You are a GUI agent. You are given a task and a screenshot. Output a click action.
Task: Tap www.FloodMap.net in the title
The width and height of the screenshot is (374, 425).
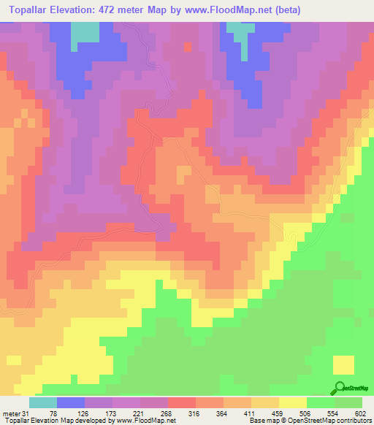tap(223, 10)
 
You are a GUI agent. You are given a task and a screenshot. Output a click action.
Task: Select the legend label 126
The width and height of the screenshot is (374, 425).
tap(82, 413)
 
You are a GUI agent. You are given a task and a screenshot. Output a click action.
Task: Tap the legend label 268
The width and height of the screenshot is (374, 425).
tap(166, 413)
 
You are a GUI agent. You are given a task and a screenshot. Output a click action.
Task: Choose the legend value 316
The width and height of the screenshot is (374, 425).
tap(194, 413)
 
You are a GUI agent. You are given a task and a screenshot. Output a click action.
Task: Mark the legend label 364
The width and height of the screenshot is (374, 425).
tap(221, 413)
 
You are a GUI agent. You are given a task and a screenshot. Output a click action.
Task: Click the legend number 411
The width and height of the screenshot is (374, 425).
tap(249, 413)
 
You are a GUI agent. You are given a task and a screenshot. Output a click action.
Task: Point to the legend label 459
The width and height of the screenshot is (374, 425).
tap(277, 413)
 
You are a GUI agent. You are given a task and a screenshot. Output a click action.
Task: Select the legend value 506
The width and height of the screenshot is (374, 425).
tap(305, 413)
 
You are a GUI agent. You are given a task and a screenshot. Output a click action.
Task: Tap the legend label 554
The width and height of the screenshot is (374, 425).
tap(332, 413)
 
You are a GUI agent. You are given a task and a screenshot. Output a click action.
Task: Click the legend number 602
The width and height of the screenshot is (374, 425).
tap(359, 413)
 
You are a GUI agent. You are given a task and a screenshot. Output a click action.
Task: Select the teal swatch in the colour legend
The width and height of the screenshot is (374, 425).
tap(43, 402)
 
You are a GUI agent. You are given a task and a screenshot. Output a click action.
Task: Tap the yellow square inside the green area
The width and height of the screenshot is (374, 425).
tap(343, 364)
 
